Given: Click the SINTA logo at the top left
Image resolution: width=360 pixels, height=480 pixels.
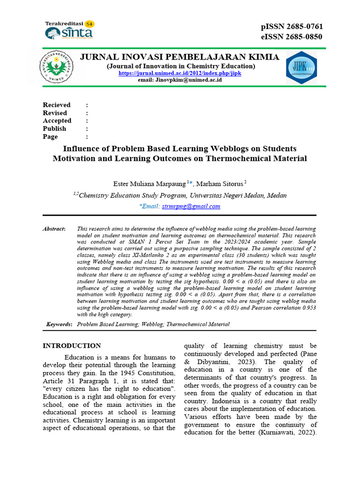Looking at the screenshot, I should [x=69, y=31].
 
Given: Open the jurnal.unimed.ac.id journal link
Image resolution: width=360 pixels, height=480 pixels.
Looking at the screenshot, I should [x=180, y=73].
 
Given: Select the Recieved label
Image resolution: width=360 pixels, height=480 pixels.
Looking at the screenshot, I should [x=57, y=105].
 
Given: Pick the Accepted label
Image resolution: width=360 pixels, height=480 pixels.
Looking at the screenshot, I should [x=57, y=121].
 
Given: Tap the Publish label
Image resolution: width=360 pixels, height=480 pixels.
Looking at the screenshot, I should [x=54, y=129].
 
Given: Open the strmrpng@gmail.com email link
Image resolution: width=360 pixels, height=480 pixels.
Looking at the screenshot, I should [x=191, y=206].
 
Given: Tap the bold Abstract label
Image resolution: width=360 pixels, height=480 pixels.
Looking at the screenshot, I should [x=54, y=228].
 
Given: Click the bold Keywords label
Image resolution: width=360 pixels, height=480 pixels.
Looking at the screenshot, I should [x=59, y=324].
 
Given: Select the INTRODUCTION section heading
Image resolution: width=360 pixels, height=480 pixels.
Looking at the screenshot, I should [x=72, y=346].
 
